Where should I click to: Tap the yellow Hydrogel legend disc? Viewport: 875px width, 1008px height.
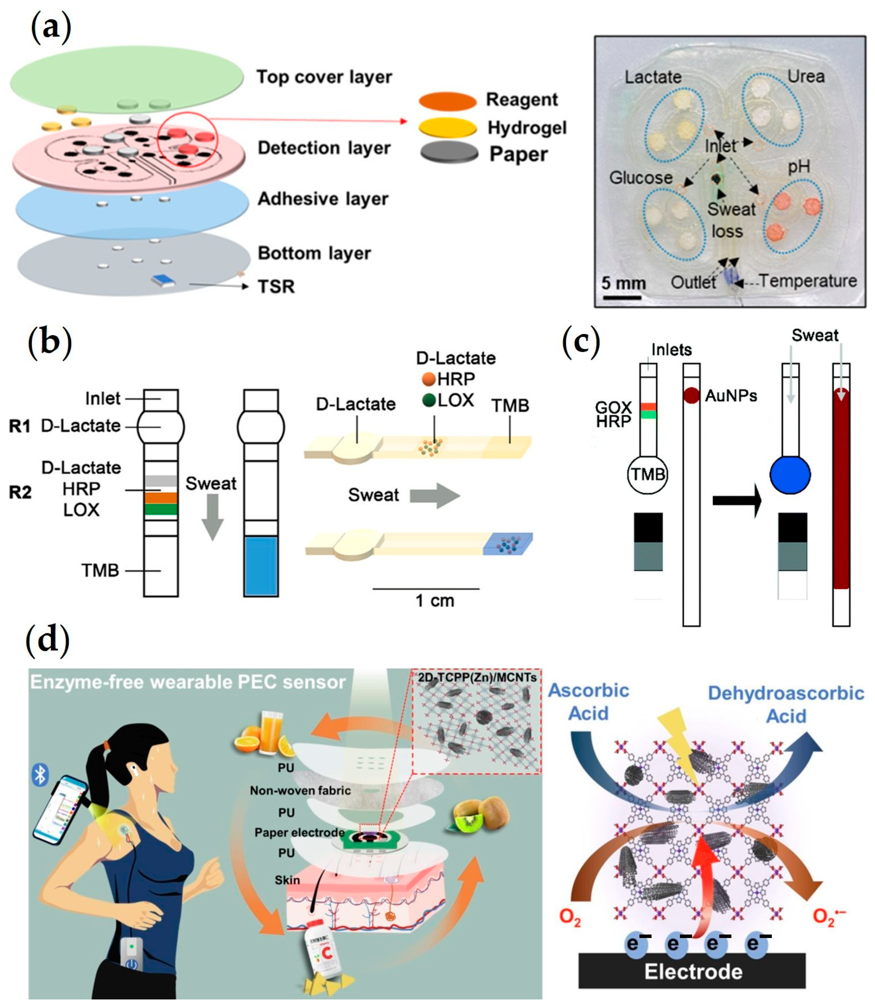click(447, 128)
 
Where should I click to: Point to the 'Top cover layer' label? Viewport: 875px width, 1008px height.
click(324, 77)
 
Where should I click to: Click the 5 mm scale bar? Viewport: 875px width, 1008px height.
click(621, 297)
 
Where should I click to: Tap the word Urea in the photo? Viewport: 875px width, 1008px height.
click(806, 77)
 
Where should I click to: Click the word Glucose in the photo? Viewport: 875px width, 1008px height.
click(641, 178)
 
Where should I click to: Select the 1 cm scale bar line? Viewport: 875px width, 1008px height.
click(426, 589)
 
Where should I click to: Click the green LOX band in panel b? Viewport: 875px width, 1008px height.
click(161, 509)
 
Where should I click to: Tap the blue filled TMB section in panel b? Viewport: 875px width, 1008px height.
click(261, 566)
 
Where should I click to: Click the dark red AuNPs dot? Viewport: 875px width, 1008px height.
click(691, 395)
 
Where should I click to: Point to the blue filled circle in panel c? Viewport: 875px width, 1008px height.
click(790, 475)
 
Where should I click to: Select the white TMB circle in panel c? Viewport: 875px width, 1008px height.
click(648, 475)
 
